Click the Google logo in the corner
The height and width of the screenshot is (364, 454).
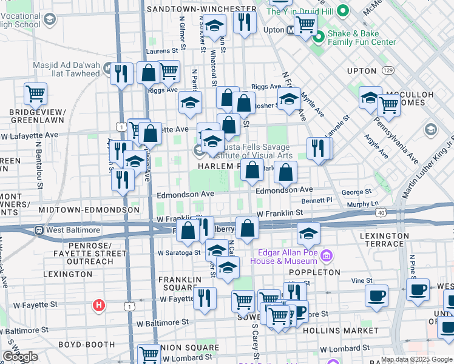tap(20, 357)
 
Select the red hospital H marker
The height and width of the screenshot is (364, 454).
tap(98, 305)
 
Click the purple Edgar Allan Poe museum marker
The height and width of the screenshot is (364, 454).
tap(327, 255)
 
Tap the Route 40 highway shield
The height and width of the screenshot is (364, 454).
tap(381, 212)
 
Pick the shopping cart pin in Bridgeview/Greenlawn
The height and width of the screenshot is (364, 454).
tap(36, 94)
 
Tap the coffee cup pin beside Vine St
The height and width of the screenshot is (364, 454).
tap(376, 295)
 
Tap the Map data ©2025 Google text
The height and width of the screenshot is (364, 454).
tap(416, 359)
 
